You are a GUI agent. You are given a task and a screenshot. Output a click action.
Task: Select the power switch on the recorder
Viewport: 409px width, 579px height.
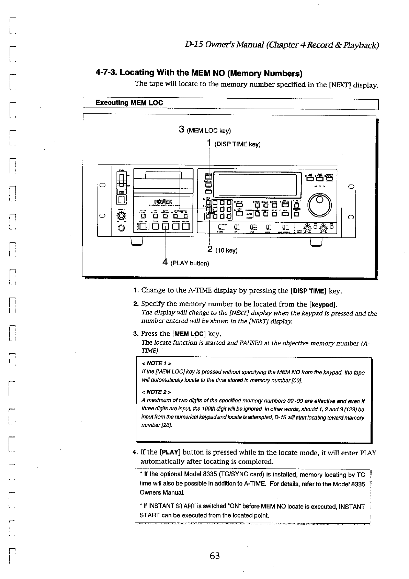(121, 179)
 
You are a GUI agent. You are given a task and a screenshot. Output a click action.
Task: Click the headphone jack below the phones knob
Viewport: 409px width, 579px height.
(121, 228)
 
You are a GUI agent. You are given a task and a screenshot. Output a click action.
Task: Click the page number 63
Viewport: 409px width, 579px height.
(215, 556)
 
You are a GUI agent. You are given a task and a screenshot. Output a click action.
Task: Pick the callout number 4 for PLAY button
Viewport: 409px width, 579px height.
(165, 263)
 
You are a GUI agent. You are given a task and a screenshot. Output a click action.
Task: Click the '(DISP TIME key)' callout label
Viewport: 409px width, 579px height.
(237, 144)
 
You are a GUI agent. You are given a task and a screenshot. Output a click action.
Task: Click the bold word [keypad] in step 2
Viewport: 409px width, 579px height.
(322, 304)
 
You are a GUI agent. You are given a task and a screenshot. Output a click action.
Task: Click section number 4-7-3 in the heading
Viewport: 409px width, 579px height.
(106, 73)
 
